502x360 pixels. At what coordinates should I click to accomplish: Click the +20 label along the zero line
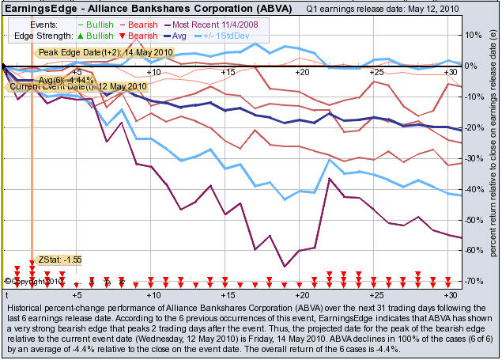pos(301,72)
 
